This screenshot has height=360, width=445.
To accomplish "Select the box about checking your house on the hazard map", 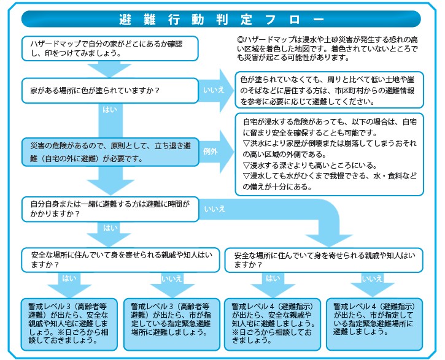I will [x=110, y=48].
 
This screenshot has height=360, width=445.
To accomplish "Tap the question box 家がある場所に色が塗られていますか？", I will [x=110, y=90].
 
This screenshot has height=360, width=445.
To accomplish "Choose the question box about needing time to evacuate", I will [x=110, y=208].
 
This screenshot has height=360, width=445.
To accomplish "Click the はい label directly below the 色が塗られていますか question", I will [x=110, y=111].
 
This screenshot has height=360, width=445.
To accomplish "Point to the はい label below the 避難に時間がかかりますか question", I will [x=110, y=228].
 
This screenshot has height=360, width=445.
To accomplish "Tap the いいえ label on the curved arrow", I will [x=214, y=209].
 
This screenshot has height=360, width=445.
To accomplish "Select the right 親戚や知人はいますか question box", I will [x=323, y=259].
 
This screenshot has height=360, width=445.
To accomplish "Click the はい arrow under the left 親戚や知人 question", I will [x=68, y=279].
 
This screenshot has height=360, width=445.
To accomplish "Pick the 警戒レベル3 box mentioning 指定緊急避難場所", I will [x=171, y=319].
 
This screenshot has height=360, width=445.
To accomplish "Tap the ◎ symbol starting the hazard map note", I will [x=240, y=41].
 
